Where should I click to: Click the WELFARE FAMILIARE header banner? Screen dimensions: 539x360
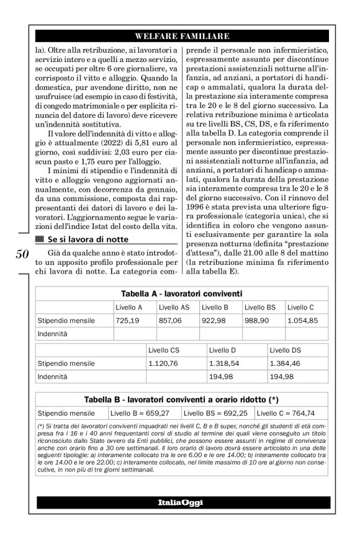(182, 36)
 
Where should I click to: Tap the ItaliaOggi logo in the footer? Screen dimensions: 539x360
(180, 502)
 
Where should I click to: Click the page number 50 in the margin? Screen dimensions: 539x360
(21, 254)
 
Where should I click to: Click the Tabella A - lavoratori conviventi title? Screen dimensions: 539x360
(181, 293)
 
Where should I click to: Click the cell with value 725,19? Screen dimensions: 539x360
(127, 321)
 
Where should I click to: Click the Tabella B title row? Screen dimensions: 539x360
(181, 399)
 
